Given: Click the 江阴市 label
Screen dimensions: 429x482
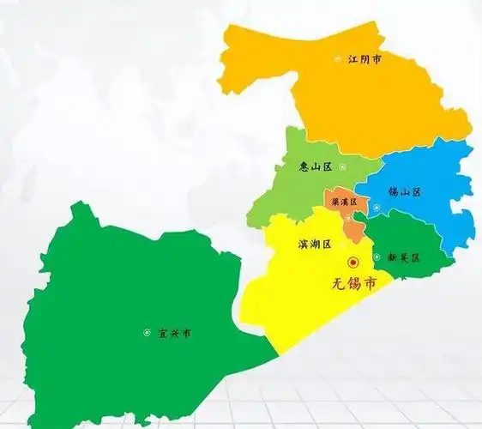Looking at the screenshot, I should point(365,60).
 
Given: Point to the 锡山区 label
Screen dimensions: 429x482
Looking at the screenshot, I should point(404,192).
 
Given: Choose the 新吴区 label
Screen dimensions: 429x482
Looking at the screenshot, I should point(403,257).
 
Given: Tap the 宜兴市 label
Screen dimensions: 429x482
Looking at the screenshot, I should point(175,333).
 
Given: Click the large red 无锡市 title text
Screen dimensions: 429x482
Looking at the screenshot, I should point(352,283).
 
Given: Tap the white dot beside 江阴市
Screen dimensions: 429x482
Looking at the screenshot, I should point(338,60).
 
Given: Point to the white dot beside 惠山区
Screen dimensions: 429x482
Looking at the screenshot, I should point(343,167).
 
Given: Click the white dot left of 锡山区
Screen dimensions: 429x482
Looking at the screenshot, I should point(375,193).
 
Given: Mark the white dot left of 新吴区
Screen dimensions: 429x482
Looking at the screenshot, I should point(376,257).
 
